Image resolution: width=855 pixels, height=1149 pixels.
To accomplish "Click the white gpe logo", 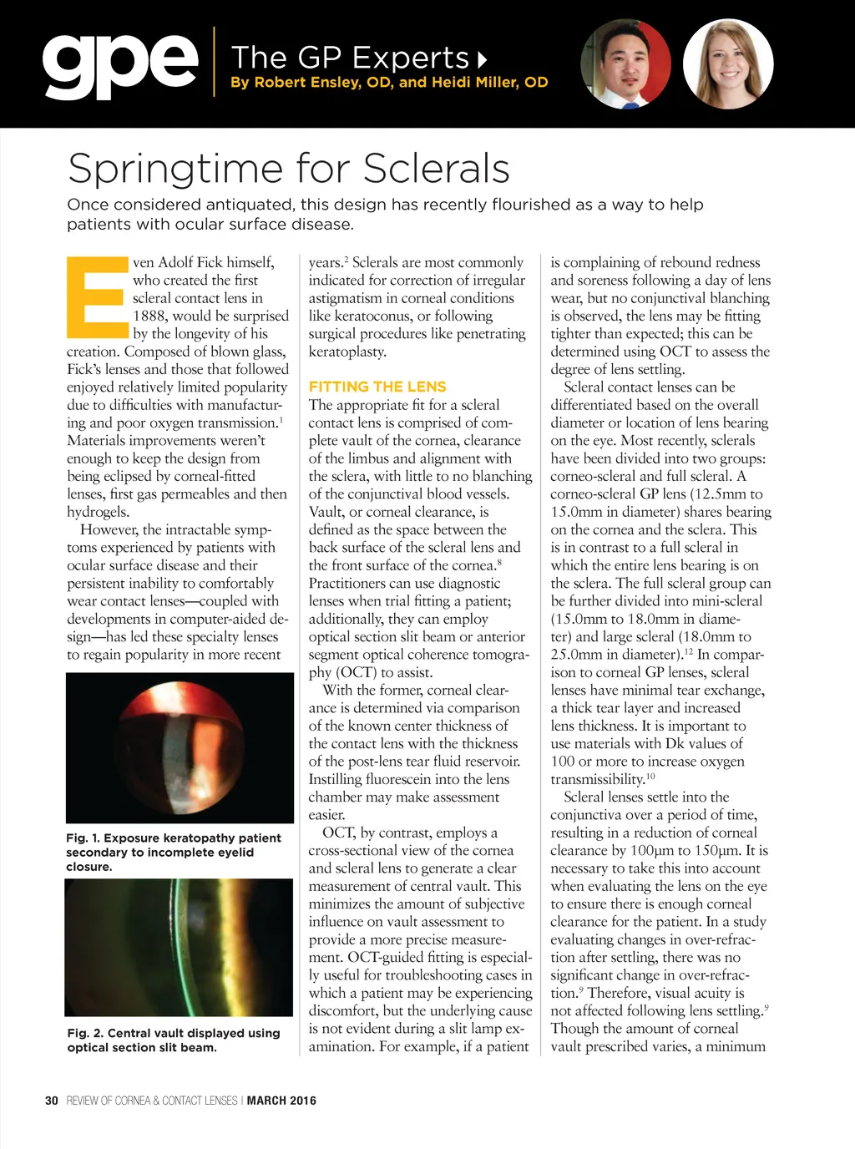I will (120, 64).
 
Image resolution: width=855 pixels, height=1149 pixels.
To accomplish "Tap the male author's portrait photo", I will (625, 64).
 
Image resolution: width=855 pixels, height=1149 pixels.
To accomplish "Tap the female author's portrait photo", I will (728, 64).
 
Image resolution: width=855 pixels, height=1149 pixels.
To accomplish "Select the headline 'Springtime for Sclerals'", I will (288, 168).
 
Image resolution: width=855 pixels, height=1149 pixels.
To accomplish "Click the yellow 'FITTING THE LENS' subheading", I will (377, 387).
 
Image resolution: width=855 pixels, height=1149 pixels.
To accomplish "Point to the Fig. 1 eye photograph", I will (180, 747).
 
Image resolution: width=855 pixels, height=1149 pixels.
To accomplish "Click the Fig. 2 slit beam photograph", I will (180, 947).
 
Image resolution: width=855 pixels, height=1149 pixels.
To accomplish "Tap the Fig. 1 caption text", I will (173, 852).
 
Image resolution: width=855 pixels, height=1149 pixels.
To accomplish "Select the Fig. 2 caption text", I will (173, 1040).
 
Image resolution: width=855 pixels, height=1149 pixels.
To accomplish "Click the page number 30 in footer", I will (52, 1101).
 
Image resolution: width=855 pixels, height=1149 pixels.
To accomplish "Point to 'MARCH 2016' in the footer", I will (281, 1101).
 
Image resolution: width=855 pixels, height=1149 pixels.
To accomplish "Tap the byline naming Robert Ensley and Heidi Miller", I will (389, 82).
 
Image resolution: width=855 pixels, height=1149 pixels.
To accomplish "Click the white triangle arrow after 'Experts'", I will (482, 59).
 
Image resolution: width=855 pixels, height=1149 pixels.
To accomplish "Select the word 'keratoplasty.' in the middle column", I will (347, 352).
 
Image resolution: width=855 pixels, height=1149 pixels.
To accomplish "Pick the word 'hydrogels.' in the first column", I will (99, 512).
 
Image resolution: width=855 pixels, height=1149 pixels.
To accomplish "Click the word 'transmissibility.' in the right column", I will (596, 779).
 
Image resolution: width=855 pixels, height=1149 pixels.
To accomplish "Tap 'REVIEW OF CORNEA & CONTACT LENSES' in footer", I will (152, 1101).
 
